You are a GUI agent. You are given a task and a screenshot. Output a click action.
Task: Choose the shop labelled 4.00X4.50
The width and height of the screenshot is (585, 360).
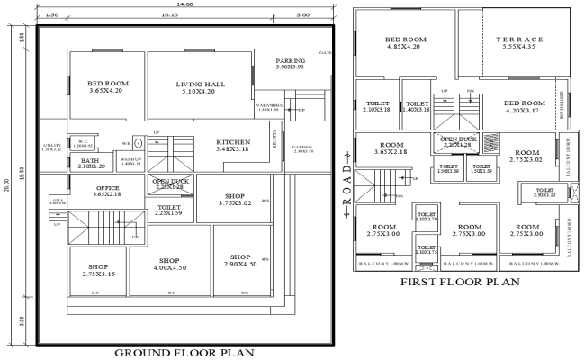(166, 262)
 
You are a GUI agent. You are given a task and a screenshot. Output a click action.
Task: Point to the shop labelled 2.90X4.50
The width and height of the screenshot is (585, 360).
(239, 262)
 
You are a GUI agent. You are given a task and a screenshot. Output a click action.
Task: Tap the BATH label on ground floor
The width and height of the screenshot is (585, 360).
(91, 163)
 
